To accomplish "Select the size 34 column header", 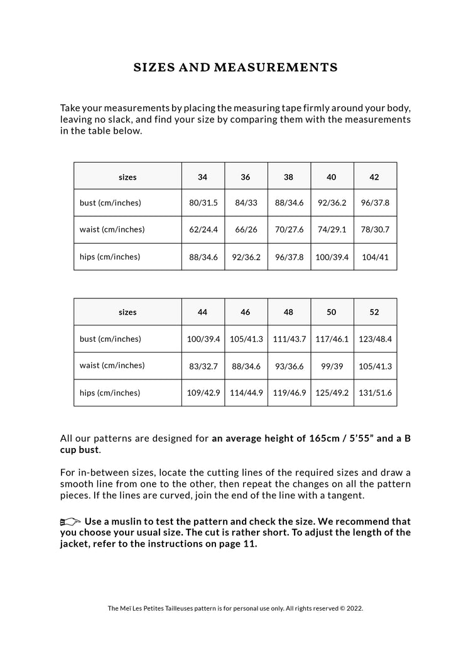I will [202, 177].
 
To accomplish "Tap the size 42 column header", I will [374, 177].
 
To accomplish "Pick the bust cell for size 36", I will [246, 203].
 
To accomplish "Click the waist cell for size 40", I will [332, 229].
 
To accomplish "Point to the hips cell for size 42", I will [375, 257].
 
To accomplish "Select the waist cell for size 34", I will [203, 229].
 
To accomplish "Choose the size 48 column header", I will [288, 312].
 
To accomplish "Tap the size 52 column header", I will [374, 312].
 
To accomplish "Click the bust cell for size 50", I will [332, 339].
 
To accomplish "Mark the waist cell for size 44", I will [203, 366].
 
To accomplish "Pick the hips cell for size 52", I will [375, 393].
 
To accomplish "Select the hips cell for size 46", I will [246, 393].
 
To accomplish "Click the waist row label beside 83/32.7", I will [112, 366].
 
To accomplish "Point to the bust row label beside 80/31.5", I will [111, 203].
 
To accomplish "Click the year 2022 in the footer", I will [354, 608].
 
